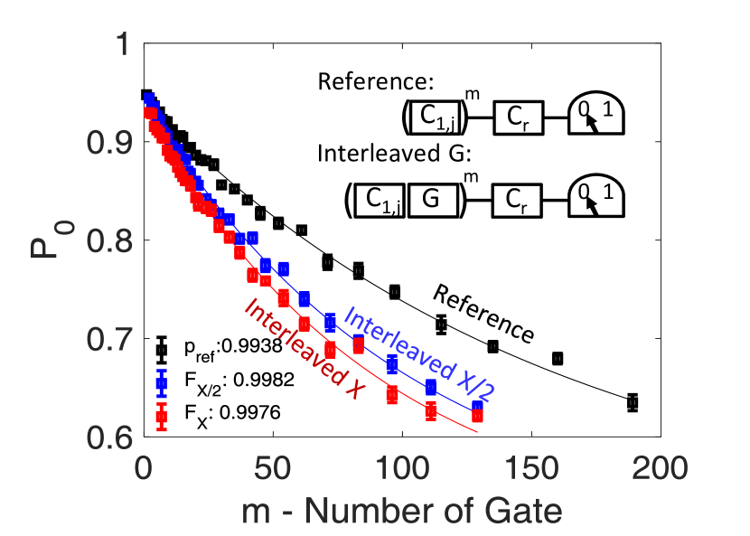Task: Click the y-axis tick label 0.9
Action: coord(107,143)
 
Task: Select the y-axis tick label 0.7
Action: coord(107,340)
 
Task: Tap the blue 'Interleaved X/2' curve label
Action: coord(421,353)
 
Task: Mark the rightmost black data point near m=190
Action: coord(633,402)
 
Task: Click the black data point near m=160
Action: coord(558,358)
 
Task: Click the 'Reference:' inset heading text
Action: coord(376,82)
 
